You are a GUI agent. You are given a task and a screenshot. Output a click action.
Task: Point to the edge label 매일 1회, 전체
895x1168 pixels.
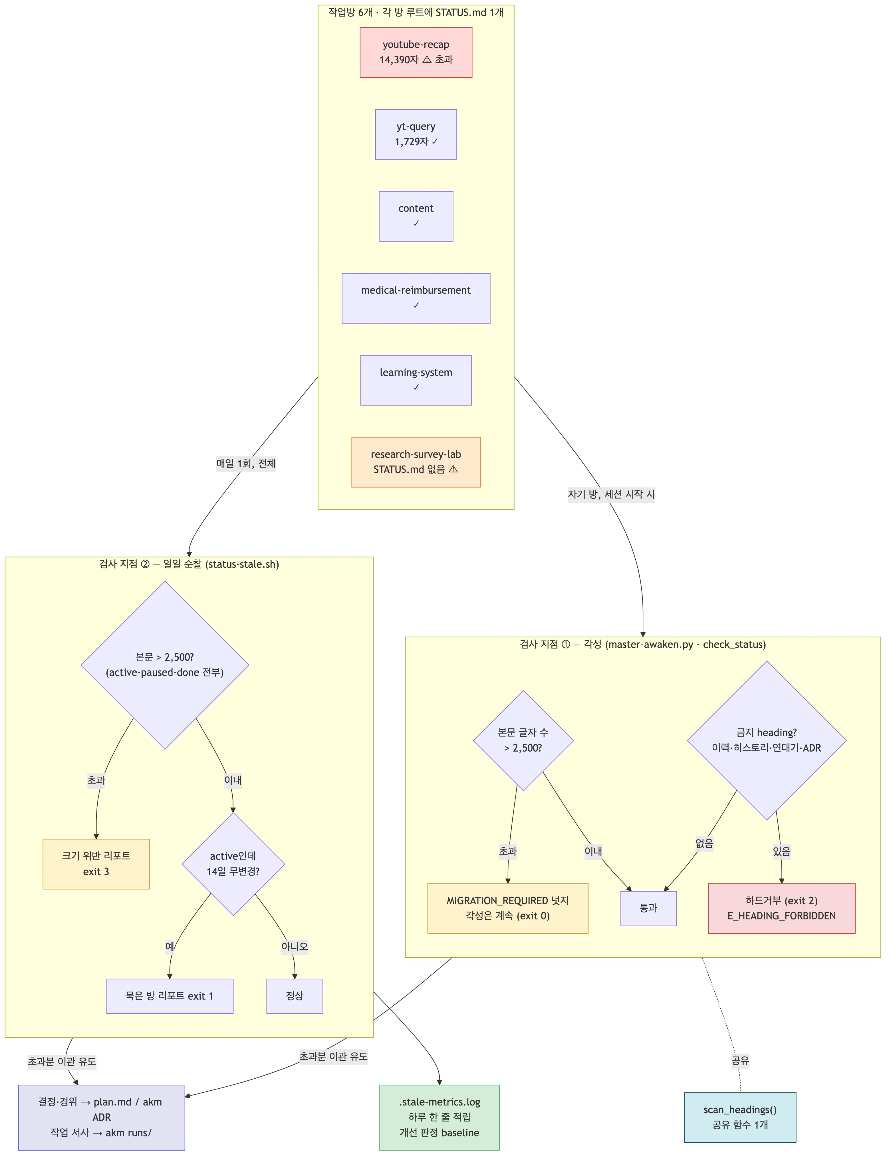click(246, 464)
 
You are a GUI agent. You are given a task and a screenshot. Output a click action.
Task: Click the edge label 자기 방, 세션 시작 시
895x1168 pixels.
click(611, 494)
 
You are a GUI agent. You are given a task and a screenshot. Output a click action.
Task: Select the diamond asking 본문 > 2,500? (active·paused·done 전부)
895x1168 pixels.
click(165, 665)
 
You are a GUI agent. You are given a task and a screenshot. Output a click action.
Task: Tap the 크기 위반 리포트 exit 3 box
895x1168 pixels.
click(96, 864)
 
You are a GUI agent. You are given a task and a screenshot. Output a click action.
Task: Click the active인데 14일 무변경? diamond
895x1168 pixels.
click(233, 864)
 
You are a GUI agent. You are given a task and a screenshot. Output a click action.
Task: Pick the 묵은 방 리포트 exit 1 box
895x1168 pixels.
click(170, 996)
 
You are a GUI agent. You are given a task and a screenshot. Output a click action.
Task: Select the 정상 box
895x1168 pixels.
click(295, 996)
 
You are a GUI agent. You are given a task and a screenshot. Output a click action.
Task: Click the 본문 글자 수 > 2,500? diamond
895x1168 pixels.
click(523, 741)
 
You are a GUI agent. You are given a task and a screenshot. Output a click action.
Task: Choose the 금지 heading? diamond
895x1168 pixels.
click(767, 741)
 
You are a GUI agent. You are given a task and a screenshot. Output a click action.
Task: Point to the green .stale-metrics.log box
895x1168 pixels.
click(440, 1117)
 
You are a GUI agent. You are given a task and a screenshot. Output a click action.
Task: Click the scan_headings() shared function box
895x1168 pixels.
click(740, 1117)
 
